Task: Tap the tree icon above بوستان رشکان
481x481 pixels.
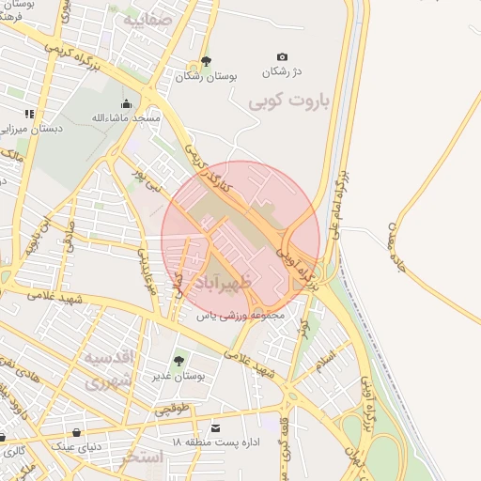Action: pos(207,62)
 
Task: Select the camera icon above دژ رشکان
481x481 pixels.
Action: pos(282,57)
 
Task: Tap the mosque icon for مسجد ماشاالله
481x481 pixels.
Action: pos(127,103)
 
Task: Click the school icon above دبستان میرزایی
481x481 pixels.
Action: pos(29,114)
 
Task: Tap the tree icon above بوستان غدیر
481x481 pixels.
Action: pos(178,360)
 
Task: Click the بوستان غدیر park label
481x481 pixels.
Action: pos(178,376)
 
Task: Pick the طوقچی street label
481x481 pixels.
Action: pos(173,409)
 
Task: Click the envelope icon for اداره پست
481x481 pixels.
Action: pos(217,427)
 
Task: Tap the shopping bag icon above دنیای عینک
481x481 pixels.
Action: pos(76,433)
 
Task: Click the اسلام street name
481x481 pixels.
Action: pos(326,359)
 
